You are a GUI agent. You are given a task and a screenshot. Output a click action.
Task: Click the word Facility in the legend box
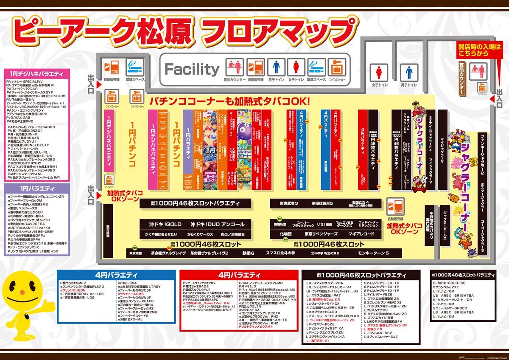coord(192,69)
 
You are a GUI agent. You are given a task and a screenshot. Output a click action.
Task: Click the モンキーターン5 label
coord(373,253)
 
